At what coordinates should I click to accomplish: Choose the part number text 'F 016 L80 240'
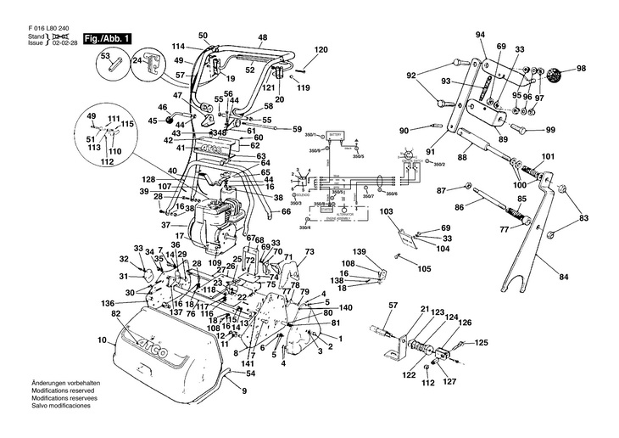pyautogui.click(x=49, y=25)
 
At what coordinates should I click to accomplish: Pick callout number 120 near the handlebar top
pyautogui.click(x=321, y=51)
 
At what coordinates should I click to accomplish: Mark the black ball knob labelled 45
pyautogui.click(x=153, y=121)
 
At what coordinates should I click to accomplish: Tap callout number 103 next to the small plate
pyautogui.click(x=387, y=211)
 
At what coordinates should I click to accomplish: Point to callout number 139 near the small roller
pyautogui.click(x=359, y=253)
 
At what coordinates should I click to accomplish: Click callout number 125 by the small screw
pyautogui.click(x=481, y=342)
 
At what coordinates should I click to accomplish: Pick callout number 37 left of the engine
pyautogui.click(x=166, y=225)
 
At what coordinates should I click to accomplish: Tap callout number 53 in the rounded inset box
pyautogui.click(x=105, y=56)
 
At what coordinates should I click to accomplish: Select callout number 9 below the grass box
pyautogui.click(x=243, y=391)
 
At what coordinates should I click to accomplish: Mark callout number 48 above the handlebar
pyautogui.click(x=262, y=37)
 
